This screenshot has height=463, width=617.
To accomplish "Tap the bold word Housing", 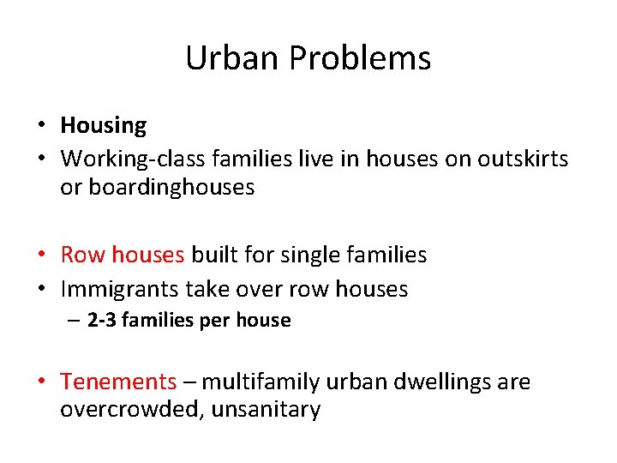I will [104, 126].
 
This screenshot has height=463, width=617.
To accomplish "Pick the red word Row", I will [81, 255].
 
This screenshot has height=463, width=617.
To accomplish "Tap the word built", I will [215, 255].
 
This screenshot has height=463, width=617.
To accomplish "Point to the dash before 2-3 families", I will [75, 321].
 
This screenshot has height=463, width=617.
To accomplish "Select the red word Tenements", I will [118, 382].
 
